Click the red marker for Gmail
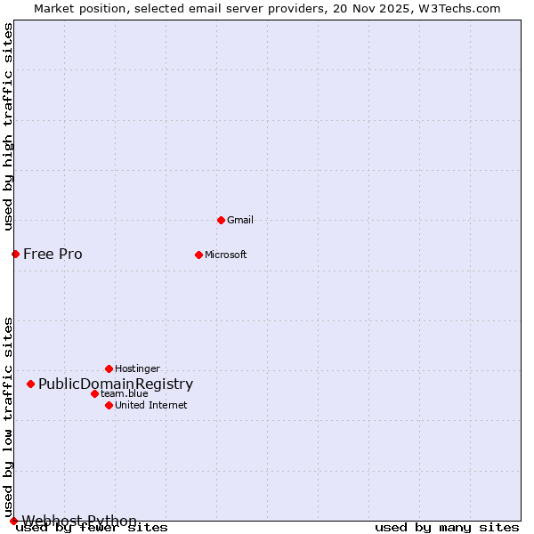(221, 220)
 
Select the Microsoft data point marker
(198, 255)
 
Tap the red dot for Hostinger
(109, 368)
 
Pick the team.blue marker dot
(94, 393)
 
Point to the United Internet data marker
(109, 405)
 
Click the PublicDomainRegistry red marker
(30, 384)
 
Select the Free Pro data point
(15, 254)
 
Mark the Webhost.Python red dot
(13, 521)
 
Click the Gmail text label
(240, 220)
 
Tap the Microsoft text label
(226, 255)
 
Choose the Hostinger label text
(138, 368)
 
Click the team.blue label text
(125, 393)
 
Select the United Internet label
(151, 405)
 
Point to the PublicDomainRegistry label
(116, 384)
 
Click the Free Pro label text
(53, 254)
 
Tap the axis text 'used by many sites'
(447, 527)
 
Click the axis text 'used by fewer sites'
(92, 527)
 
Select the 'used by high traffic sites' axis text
(9, 126)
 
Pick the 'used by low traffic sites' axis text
(9, 417)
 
